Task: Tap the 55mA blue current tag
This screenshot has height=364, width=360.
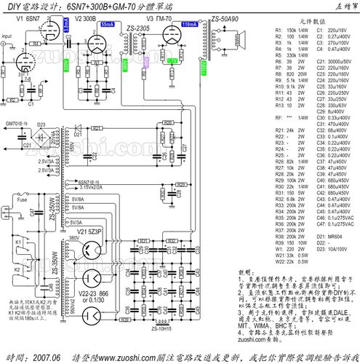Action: click(x=106, y=25)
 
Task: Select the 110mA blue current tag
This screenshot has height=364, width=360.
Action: click(x=188, y=25)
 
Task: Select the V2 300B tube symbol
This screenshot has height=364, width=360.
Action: click(x=93, y=43)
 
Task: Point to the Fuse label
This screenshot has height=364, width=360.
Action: click(x=23, y=198)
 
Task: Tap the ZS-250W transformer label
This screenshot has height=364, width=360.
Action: click(x=52, y=210)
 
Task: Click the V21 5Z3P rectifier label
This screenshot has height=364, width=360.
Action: click(x=88, y=230)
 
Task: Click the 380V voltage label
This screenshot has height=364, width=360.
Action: click(x=74, y=238)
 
